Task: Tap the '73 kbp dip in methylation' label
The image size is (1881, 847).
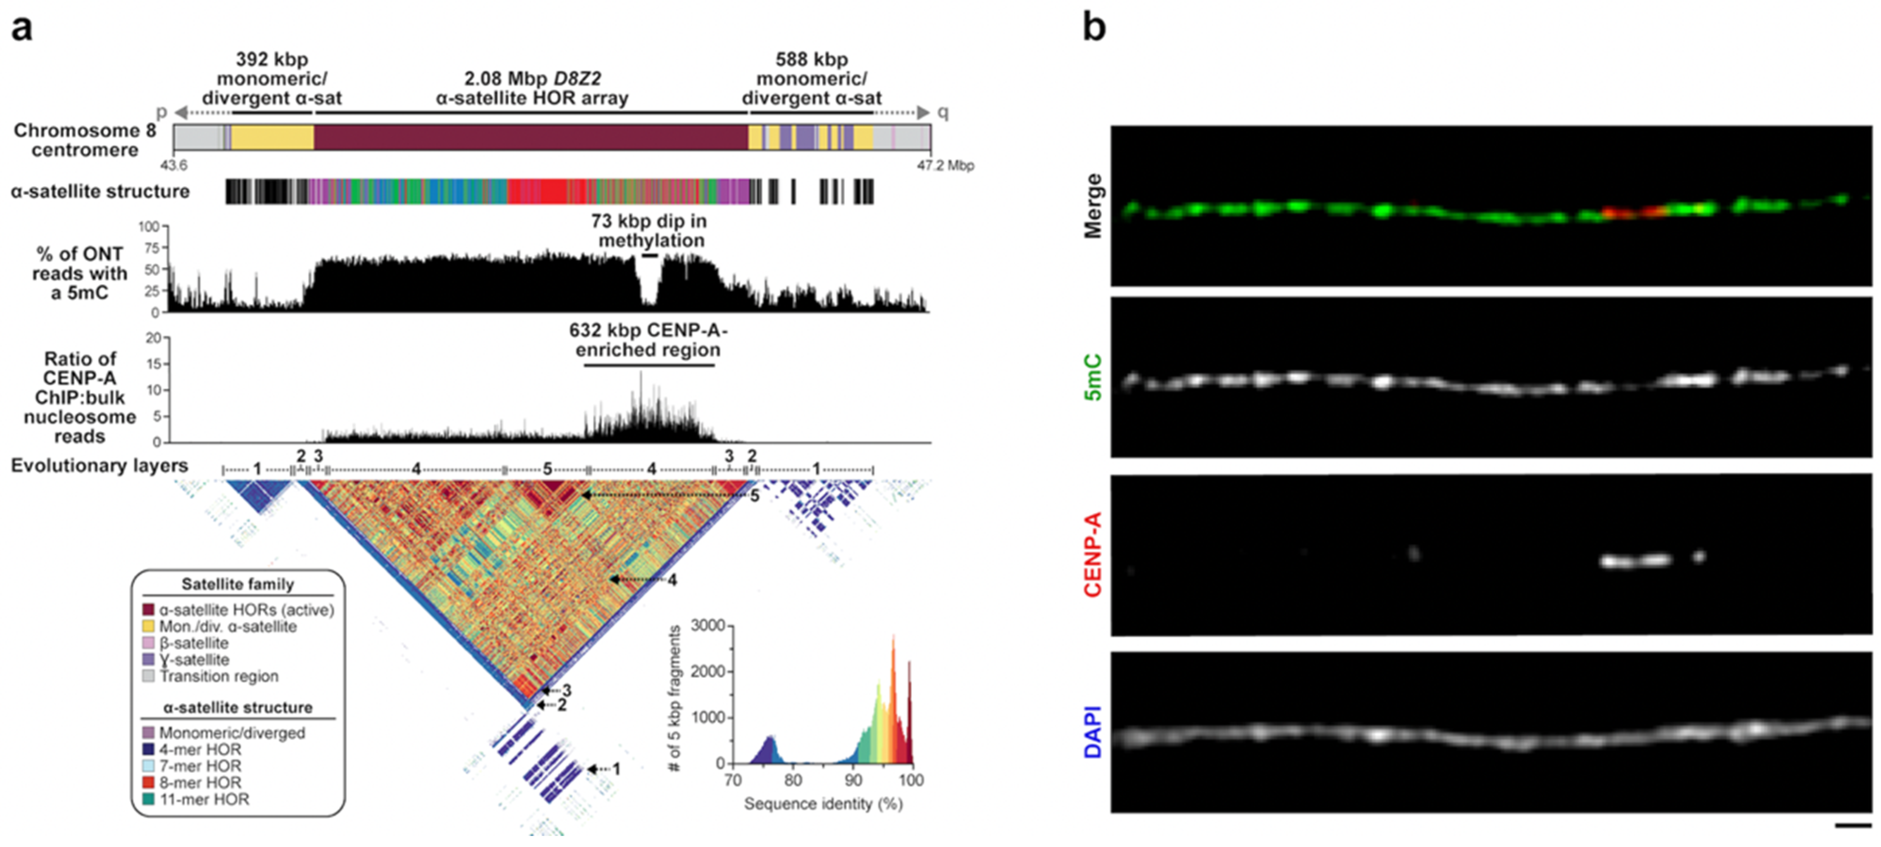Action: point(649,231)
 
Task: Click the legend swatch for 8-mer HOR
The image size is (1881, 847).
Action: point(149,783)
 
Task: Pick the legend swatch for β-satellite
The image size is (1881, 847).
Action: point(149,643)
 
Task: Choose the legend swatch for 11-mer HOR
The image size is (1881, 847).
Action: point(149,799)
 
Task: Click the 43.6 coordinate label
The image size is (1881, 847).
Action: point(174,166)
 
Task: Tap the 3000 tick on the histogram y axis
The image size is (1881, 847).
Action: point(708,626)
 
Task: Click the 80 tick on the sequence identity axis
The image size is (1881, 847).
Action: point(793,780)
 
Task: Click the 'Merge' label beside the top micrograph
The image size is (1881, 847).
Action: point(1093,206)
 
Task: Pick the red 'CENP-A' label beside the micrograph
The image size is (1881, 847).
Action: point(1093,555)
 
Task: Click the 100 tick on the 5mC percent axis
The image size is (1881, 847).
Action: point(148,227)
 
